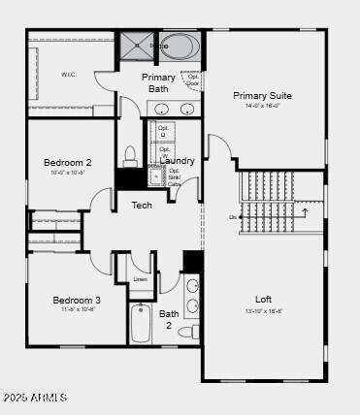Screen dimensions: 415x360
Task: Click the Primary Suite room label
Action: point(262,95)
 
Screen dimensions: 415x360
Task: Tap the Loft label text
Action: point(263,299)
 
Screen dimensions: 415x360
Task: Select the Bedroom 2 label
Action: point(68,162)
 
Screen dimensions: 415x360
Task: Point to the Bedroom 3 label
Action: point(77,300)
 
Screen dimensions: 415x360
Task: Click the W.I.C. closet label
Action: point(68,75)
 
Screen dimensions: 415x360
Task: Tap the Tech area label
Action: point(142,205)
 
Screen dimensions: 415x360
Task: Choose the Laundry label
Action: point(178,160)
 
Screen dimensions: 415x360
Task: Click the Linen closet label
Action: point(141,279)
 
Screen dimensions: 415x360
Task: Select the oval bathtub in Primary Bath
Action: point(180,46)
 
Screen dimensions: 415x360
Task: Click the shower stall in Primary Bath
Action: point(137,45)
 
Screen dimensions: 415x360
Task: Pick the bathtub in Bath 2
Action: point(142,324)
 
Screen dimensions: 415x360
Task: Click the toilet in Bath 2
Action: point(196,332)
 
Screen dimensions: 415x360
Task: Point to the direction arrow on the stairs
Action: point(305,210)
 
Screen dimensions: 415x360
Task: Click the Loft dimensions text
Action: point(263,311)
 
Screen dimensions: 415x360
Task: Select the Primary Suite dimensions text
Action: point(262,106)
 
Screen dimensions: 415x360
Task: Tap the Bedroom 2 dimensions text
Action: point(68,173)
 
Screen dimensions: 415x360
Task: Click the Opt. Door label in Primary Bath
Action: point(193,80)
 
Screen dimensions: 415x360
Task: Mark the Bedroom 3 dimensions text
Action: point(77,310)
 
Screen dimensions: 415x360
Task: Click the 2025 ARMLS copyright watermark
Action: point(35,398)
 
